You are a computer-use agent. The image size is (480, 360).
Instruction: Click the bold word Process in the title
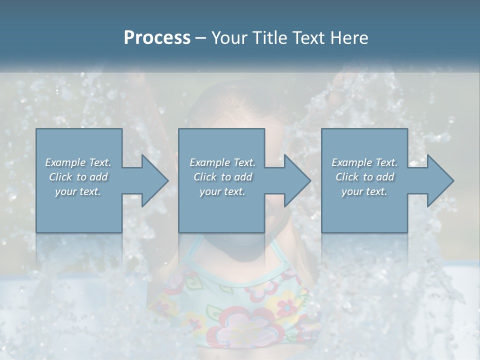point(157,38)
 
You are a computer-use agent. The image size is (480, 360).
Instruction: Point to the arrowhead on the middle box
point(294,180)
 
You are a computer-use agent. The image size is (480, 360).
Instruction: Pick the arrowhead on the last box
point(437,180)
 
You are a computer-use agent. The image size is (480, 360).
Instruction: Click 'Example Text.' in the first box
point(78,162)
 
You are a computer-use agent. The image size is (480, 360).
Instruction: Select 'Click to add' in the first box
point(78,177)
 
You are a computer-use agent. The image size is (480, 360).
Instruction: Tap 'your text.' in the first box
point(78,191)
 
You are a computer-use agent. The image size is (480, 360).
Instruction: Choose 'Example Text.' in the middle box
point(222,162)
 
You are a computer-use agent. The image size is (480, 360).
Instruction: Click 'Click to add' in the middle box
point(222,177)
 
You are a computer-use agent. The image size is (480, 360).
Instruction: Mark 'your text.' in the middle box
point(222,191)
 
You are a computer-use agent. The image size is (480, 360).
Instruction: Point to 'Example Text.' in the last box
point(364,162)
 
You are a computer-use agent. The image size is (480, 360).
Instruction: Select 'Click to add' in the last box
point(364,177)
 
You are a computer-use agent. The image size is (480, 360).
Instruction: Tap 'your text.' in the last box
point(364,191)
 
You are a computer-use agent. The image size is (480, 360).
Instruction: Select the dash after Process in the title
point(201,38)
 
